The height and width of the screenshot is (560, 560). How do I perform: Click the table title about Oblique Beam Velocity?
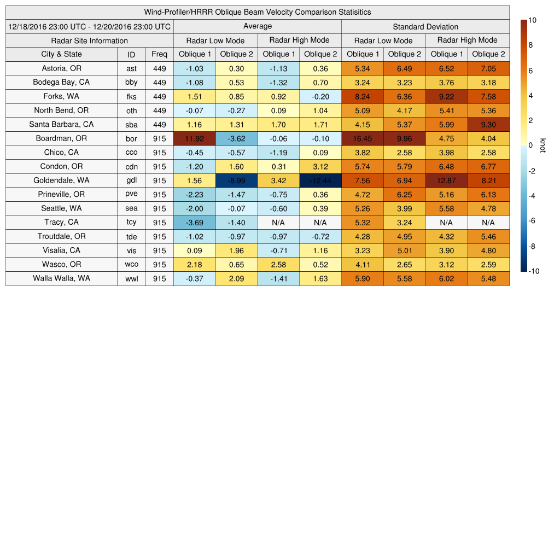(257, 12)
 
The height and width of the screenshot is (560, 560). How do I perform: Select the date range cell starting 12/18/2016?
(90, 26)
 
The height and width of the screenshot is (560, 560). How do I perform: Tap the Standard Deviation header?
(425, 26)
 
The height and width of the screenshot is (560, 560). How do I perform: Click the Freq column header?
(160, 54)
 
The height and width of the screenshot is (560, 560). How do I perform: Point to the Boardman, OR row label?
(61, 138)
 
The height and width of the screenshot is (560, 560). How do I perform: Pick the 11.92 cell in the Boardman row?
(194, 138)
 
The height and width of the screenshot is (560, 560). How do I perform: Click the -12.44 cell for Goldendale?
(320, 180)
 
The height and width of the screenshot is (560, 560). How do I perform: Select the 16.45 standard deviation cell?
(362, 138)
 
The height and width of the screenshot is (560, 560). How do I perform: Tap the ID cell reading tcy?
(131, 223)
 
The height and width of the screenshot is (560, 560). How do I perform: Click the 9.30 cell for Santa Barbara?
(488, 125)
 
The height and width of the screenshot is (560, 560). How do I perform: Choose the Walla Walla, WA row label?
(61, 278)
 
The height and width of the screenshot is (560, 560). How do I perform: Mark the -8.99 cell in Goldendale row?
(236, 180)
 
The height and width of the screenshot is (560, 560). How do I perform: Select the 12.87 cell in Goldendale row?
(446, 180)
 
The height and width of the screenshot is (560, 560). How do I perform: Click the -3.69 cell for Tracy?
(194, 223)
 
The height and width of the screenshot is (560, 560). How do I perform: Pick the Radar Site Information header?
(89, 40)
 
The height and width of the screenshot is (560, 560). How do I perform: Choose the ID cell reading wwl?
(131, 278)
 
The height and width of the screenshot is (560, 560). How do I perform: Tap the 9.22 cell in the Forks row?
(446, 96)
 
